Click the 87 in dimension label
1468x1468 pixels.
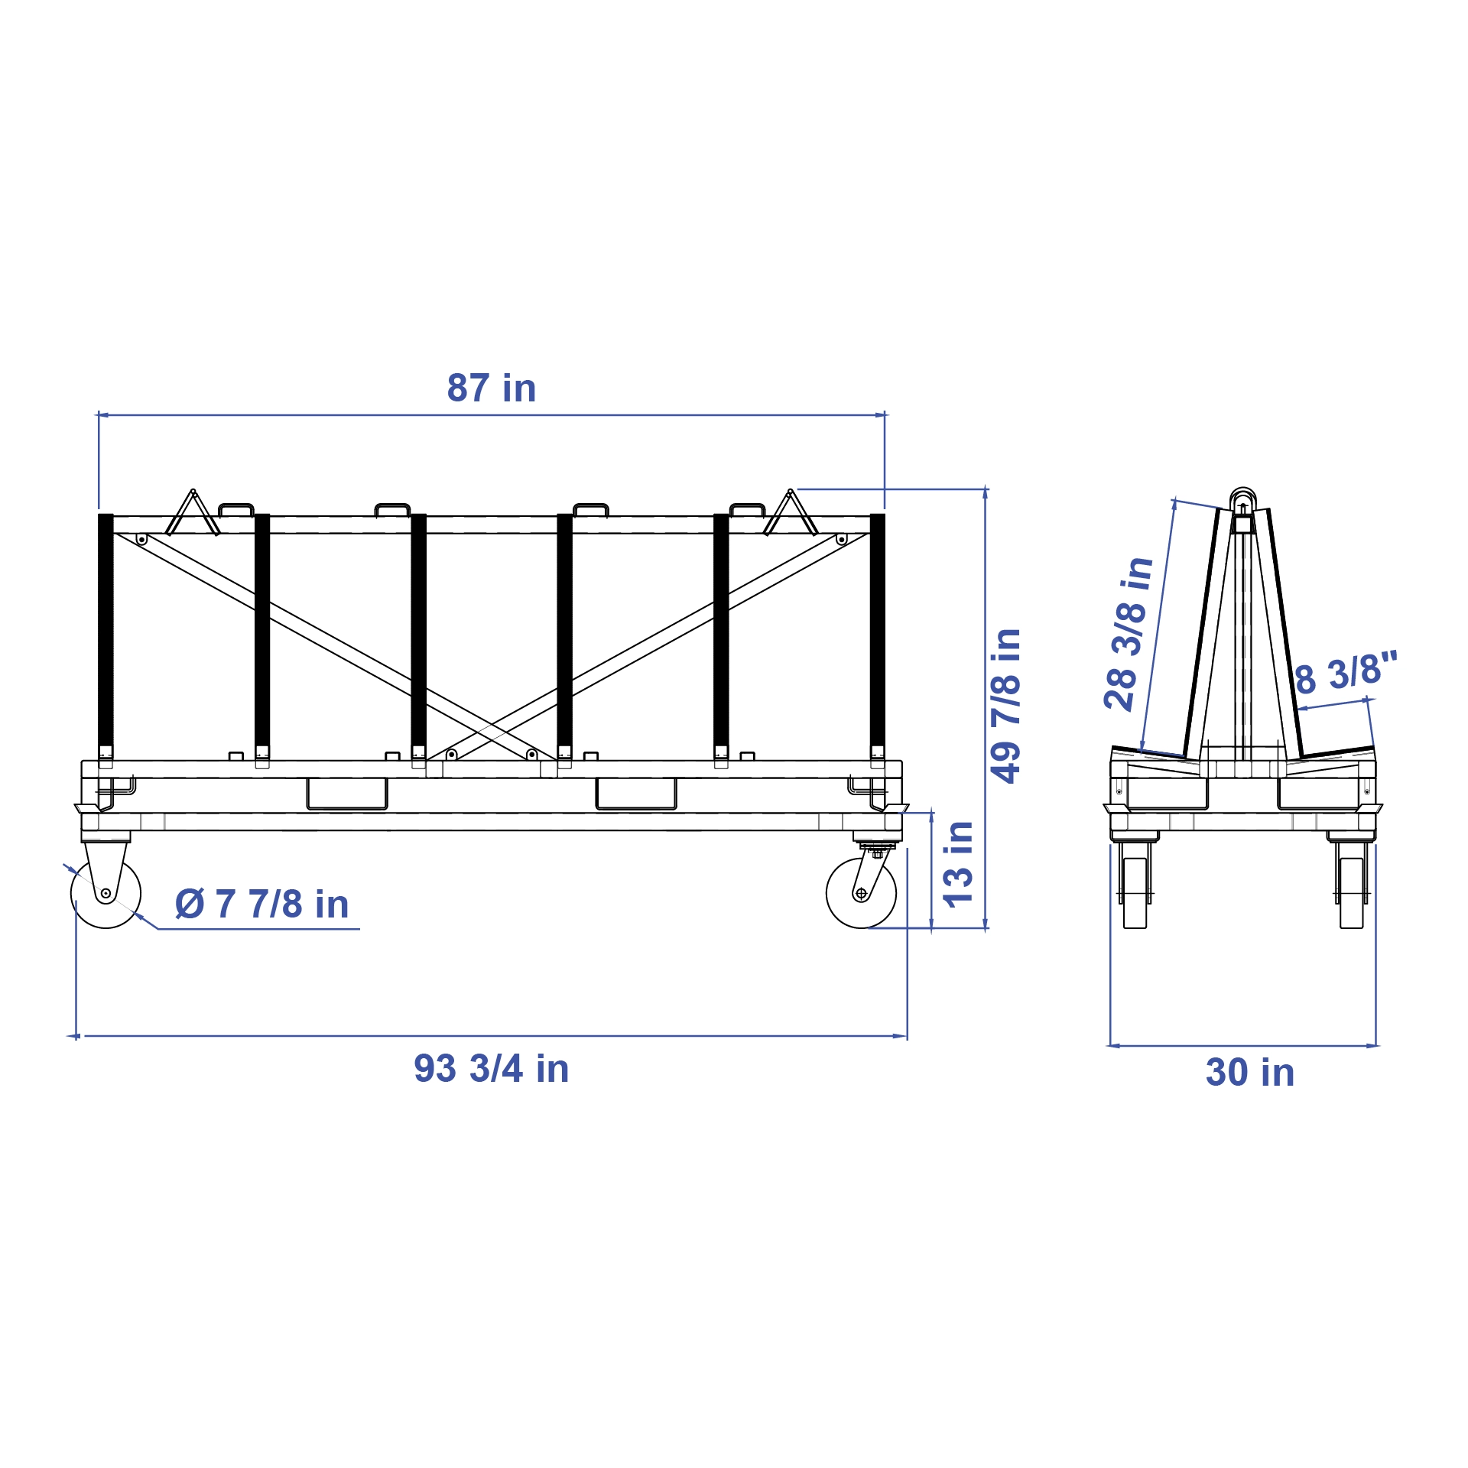pos(491,388)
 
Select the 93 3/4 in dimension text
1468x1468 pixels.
pos(491,1068)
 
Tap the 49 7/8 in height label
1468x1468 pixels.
pos(1005,705)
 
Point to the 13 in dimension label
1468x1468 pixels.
pos(957,864)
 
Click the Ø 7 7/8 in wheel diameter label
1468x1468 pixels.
pos(262,904)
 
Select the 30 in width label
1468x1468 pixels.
pos(1250,1072)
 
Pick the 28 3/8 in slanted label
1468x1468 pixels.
pos(1129,634)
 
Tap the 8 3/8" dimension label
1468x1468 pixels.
pos(1346,673)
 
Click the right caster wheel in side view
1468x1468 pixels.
pos(861,893)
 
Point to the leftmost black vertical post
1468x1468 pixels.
pos(106,635)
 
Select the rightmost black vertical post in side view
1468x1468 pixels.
pos(877,635)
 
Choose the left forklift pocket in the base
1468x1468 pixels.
pos(346,794)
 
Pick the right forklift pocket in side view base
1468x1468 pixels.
pos(635,794)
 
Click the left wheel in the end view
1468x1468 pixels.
pos(1135,892)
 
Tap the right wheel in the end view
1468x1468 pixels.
pos(1351,892)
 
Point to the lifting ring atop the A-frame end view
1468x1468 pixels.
pos(1242,497)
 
